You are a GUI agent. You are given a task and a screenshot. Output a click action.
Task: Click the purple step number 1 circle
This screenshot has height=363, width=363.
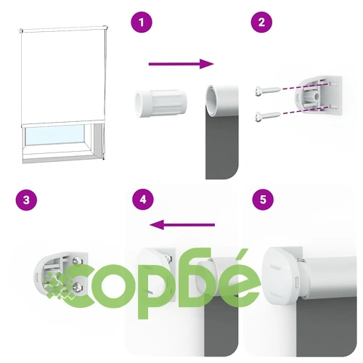[142, 23]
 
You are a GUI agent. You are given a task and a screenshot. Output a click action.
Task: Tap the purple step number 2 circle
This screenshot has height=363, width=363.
[261, 23]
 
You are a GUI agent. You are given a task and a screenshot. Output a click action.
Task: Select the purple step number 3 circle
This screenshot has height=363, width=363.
[26, 200]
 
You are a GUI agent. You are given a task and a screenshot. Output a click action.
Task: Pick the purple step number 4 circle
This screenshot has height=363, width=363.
[143, 200]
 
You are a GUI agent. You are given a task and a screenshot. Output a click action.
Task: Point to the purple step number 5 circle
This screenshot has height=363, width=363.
[263, 200]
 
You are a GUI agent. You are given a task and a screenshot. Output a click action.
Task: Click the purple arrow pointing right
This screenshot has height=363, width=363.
[181, 64]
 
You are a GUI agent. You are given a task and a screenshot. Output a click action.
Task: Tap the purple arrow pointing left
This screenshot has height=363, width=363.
[182, 225]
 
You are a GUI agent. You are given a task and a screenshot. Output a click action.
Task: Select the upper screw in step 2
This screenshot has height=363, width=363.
[268, 91]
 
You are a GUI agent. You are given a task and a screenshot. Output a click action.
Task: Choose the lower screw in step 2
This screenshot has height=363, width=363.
[268, 117]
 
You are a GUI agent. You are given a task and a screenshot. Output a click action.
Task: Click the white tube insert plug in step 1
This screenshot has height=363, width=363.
[161, 104]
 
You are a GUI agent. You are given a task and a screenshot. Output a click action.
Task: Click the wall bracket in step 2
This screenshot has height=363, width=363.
[318, 97]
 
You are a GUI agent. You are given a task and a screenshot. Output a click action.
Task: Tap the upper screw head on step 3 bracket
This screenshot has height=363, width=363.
[78, 261]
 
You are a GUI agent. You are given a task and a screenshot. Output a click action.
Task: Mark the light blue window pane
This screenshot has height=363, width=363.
[54, 135]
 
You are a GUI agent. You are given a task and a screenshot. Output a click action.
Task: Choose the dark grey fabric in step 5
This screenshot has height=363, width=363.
[327, 327]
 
